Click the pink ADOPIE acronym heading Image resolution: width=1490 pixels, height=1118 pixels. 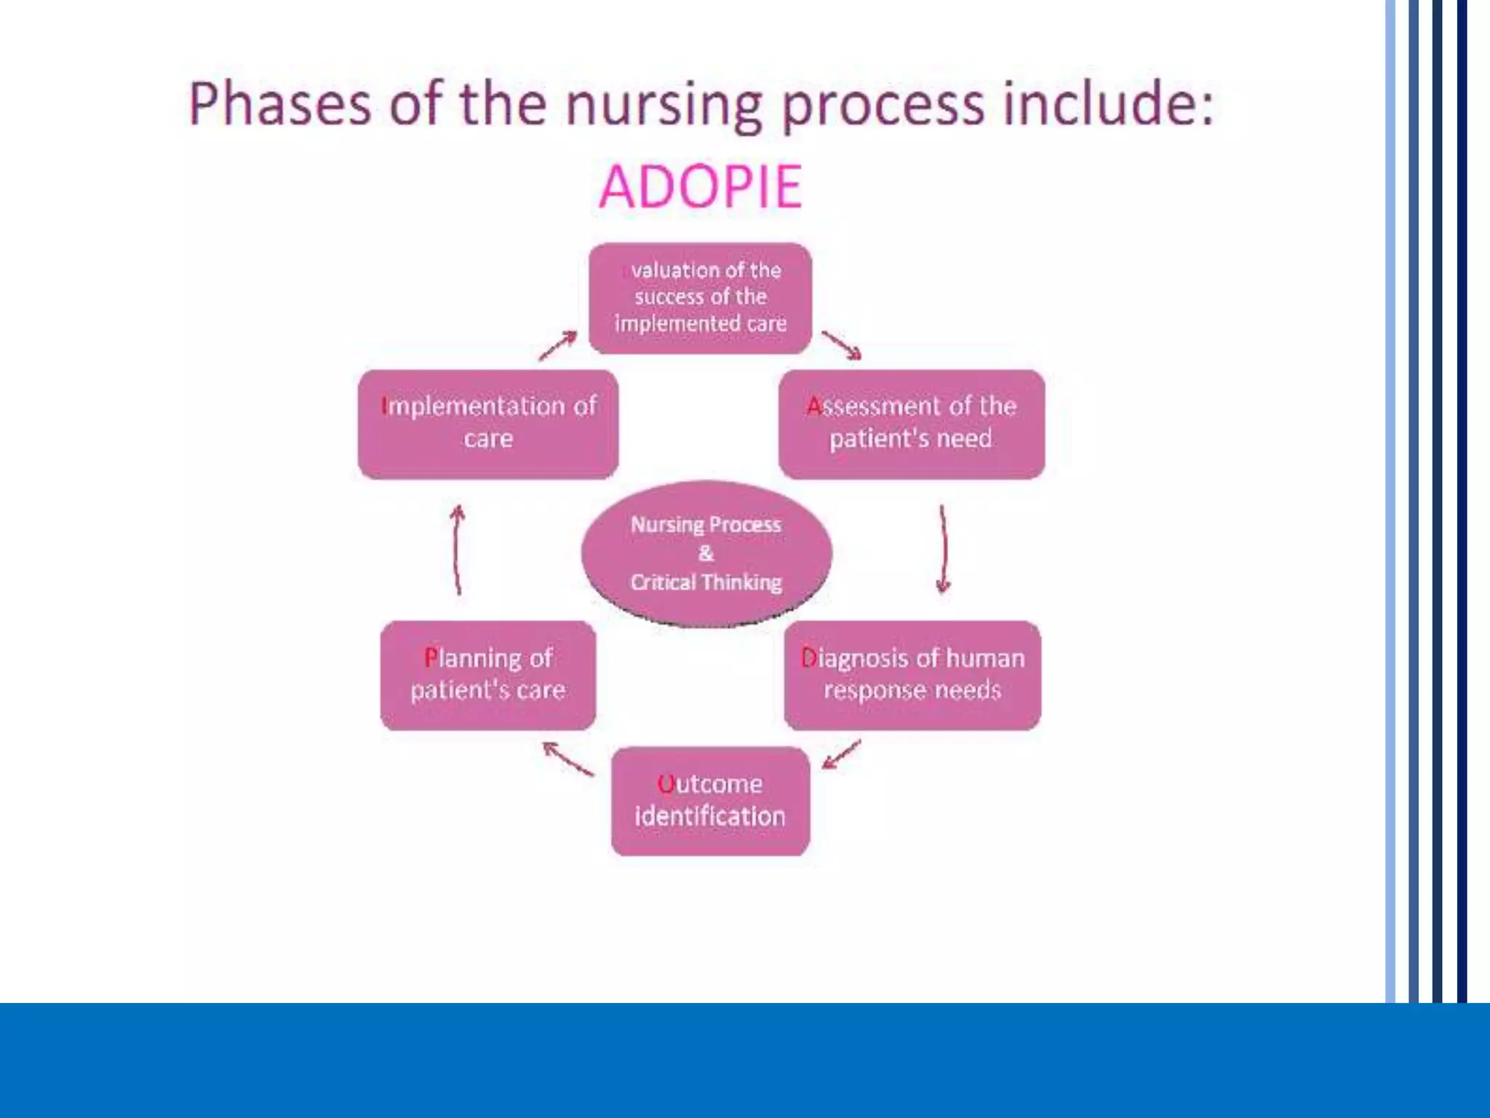point(700,187)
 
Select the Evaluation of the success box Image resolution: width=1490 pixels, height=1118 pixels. point(700,298)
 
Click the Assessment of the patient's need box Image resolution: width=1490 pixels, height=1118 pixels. point(911,423)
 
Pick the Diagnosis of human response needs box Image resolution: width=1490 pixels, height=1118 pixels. point(912,675)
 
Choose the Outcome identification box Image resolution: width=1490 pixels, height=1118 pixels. point(710,801)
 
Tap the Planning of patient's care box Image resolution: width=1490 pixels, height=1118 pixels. point(487,675)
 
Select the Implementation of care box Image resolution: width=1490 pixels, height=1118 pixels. point(487,423)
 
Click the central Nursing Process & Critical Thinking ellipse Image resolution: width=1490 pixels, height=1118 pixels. point(706,553)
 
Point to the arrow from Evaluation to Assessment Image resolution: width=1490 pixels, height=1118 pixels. point(842,345)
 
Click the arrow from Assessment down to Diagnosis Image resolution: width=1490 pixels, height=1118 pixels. point(944,550)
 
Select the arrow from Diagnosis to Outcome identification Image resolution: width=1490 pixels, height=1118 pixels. point(842,755)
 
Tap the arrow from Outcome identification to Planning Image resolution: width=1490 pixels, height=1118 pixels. point(568,758)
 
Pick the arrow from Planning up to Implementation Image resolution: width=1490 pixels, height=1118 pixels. point(457,550)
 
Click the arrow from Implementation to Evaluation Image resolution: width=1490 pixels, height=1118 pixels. point(558,345)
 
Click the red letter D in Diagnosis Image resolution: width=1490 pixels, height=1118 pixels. point(808,658)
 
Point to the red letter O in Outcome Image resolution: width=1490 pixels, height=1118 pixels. point(665,784)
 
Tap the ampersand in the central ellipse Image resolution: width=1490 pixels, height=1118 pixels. point(706,553)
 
